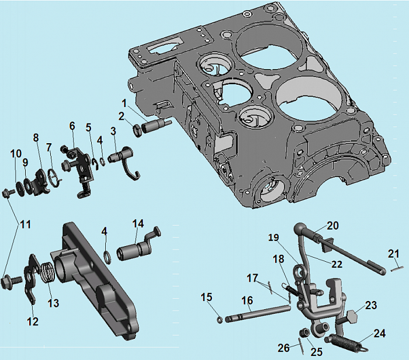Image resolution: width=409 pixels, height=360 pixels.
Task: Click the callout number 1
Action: click(x=124, y=103)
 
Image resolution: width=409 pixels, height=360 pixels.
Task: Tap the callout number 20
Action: click(x=332, y=226)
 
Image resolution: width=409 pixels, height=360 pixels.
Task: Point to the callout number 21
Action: click(x=393, y=253)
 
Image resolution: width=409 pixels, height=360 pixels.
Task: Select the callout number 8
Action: click(x=36, y=138)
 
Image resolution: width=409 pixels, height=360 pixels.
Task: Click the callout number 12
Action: click(x=32, y=321)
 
